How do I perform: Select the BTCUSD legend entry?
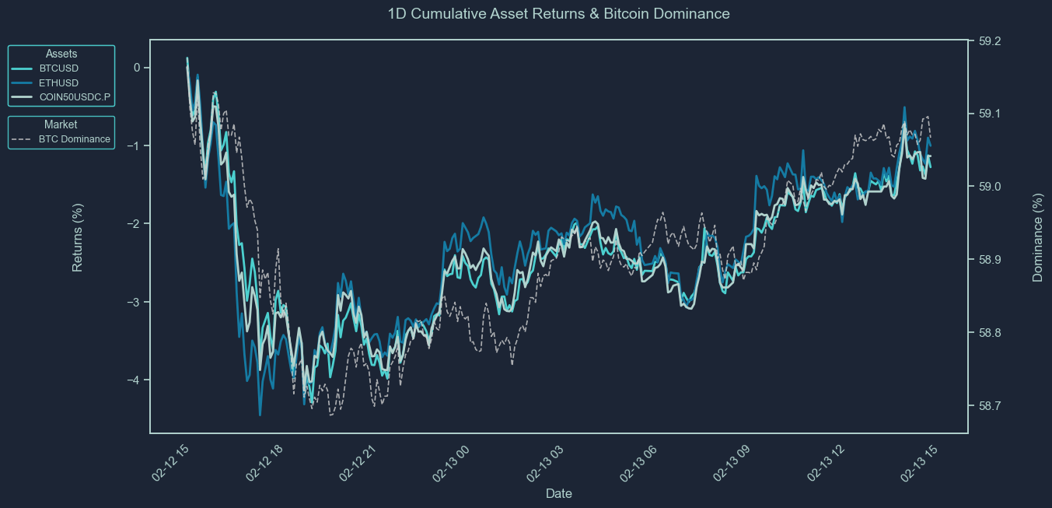pyautogui.click(x=58, y=68)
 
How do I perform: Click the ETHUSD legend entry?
pyautogui.click(x=58, y=82)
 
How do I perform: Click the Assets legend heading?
pyautogui.click(x=61, y=54)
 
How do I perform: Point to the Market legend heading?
pyautogui.click(x=61, y=124)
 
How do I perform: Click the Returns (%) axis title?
pyautogui.click(x=78, y=236)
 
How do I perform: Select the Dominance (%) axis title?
pyautogui.click(x=1037, y=238)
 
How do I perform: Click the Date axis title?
pyautogui.click(x=559, y=493)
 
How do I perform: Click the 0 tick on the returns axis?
pyautogui.click(x=137, y=68)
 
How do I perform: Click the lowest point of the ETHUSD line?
pyautogui.click(x=260, y=415)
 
